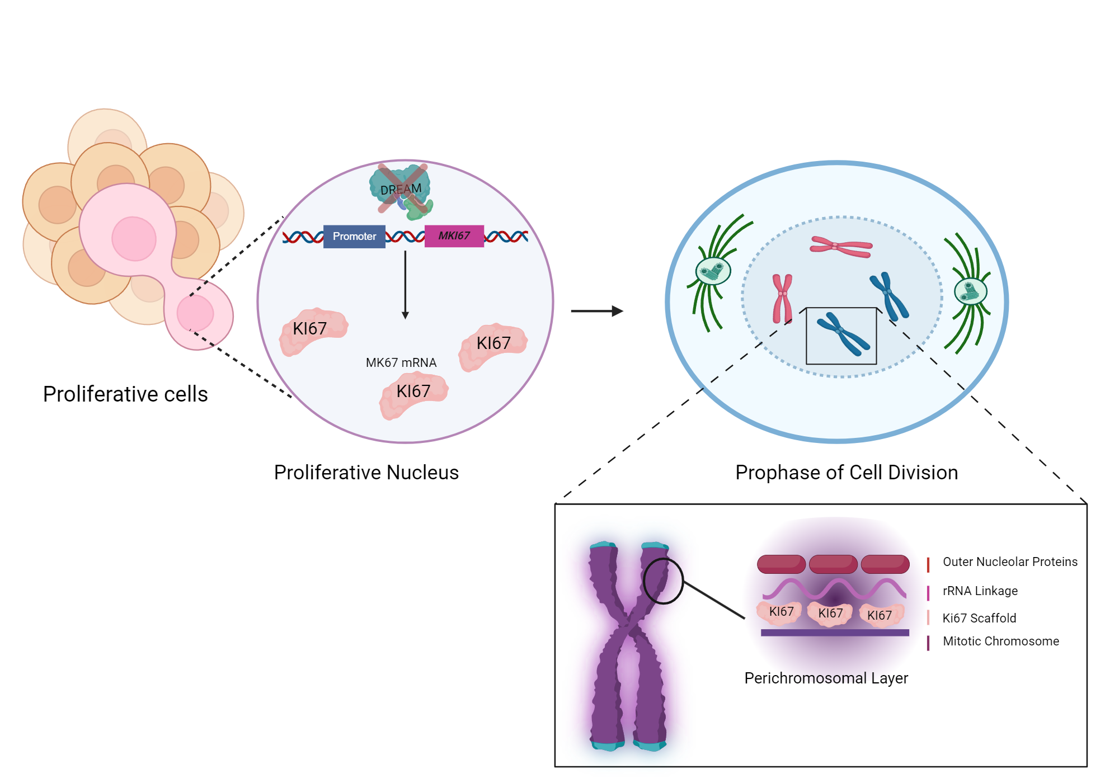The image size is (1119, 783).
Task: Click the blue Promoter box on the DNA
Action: tap(354, 236)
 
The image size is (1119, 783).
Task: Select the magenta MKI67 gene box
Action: tap(454, 235)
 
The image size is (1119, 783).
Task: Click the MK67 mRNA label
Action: tap(401, 362)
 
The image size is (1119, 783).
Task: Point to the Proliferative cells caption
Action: tap(125, 394)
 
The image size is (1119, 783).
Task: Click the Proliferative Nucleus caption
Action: tap(366, 473)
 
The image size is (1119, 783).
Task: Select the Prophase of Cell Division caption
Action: tap(846, 473)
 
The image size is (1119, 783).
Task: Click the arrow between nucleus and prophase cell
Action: tap(596, 311)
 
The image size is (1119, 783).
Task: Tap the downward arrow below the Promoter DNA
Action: tap(405, 285)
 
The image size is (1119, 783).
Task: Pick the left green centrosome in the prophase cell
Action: tap(713, 272)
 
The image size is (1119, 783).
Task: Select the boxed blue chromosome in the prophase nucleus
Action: tap(843, 334)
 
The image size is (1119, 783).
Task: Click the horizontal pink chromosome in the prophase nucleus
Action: tap(841, 246)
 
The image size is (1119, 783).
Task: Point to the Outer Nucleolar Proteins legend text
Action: tap(1010, 562)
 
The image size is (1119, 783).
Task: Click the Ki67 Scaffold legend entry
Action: tap(979, 618)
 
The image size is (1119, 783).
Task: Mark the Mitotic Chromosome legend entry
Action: tap(1000, 641)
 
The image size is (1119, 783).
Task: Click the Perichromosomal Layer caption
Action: tap(826, 678)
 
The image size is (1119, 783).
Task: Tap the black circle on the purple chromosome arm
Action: tap(663, 581)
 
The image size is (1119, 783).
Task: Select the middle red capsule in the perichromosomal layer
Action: tap(833, 564)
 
